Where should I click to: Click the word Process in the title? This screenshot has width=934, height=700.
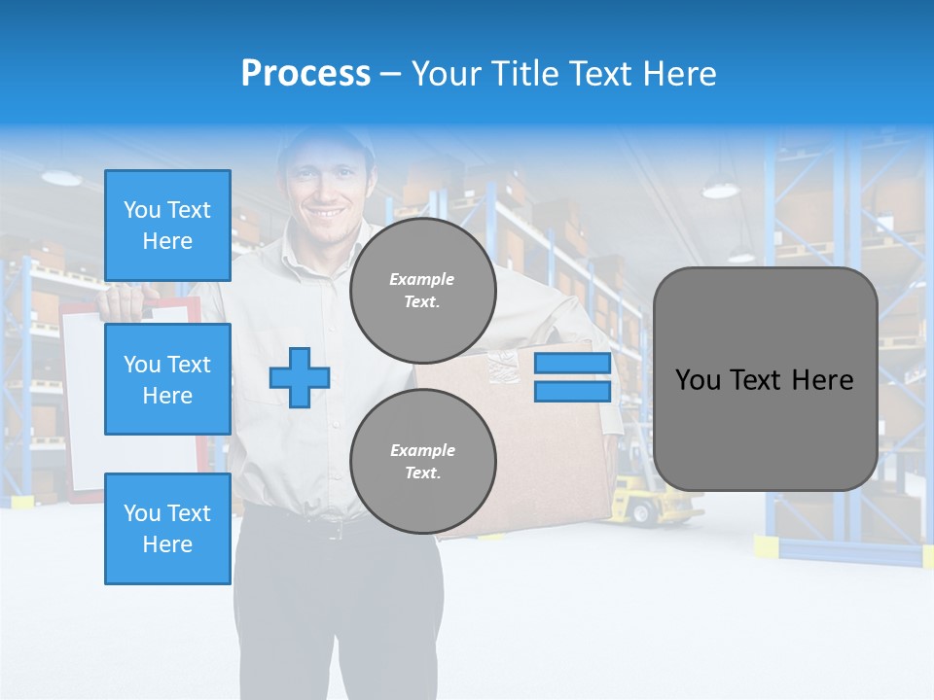[305, 74]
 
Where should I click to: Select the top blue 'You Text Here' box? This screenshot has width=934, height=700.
[167, 226]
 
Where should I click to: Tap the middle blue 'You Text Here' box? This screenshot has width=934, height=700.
[167, 379]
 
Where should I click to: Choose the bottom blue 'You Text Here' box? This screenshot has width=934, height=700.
[167, 528]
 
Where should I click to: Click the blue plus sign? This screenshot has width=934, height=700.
[300, 377]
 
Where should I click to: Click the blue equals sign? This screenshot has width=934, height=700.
[573, 377]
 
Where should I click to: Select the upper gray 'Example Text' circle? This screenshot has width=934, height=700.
[423, 290]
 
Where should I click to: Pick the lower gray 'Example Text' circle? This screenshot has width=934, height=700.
[423, 461]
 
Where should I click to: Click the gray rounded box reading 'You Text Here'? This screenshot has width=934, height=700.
[765, 379]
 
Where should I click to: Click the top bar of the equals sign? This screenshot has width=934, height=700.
[573, 364]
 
